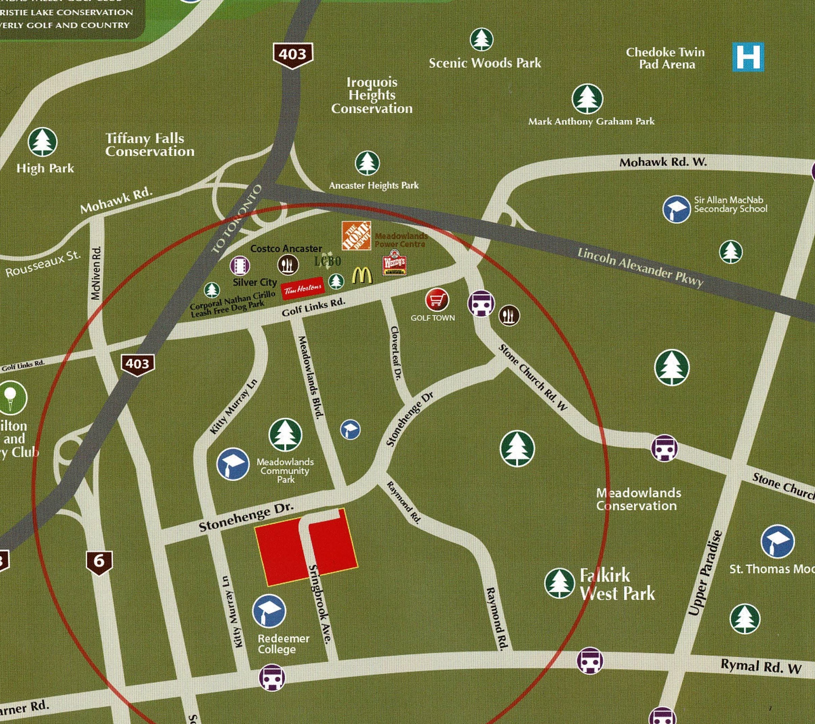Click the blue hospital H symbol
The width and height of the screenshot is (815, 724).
click(748, 57)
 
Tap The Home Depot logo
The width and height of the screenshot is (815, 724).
click(356, 235)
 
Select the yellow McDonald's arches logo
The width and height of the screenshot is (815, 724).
click(362, 275)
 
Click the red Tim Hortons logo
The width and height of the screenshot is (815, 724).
click(303, 288)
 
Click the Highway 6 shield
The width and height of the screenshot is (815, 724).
click(99, 563)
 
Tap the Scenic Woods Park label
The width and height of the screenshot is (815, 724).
click(485, 63)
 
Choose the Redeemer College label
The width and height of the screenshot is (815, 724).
click(284, 643)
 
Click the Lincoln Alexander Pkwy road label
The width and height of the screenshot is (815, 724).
click(640, 267)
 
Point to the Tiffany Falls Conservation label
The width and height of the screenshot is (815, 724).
click(150, 145)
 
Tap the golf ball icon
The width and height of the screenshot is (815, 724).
click(11, 398)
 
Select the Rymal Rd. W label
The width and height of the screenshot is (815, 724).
click(761, 667)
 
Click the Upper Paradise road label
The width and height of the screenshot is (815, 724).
click(705, 573)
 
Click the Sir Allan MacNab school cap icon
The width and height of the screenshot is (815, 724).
click(676, 209)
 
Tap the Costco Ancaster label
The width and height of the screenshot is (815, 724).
click(286, 248)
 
